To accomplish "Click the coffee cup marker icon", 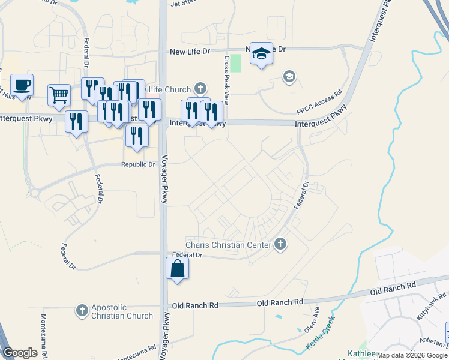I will pyautogui.click(x=22, y=85).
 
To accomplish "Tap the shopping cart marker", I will pyautogui.click(x=58, y=94).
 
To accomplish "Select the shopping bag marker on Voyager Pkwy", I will pyautogui.click(x=178, y=268).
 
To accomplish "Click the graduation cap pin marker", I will pyautogui.click(x=261, y=54).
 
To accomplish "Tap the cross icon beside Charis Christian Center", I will pyautogui.click(x=280, y=244).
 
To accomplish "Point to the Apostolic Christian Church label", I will pyautogui.click(x=122, y=311).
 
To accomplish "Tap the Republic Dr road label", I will pyautogui.click(x=138, y=164).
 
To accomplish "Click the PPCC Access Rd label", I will pyautogui.click(x=319, y=102).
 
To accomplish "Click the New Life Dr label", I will pyautogui.click(x=190, y=52).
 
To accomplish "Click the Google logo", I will pyautogui.click(x=20, y=353).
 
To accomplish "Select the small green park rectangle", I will pyautogui.click(x=237, y=63).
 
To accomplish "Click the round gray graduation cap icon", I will pyautogui.click(x=289, y=77).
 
